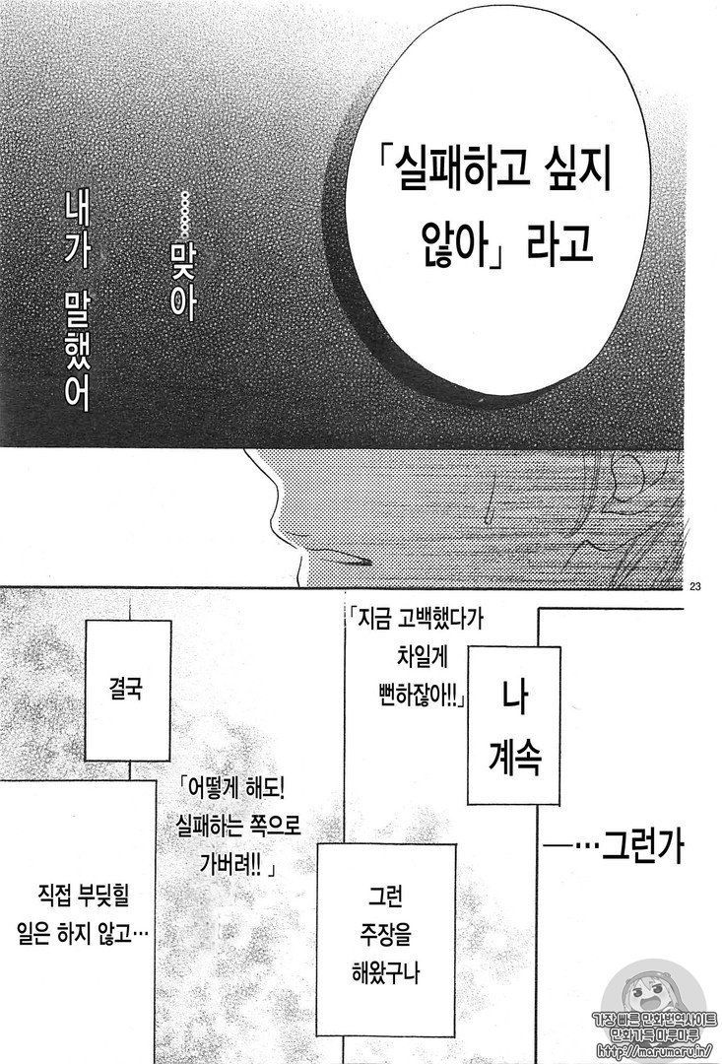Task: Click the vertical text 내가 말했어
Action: click(x=76, y=299)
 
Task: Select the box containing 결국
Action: click(x=127, y=690)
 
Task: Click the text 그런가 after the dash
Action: click(x=642, y=844)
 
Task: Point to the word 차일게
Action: click(x=422, y=657)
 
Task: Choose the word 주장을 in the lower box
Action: click(x=385, y=937)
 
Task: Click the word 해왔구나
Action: click(x=385, y=974)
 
